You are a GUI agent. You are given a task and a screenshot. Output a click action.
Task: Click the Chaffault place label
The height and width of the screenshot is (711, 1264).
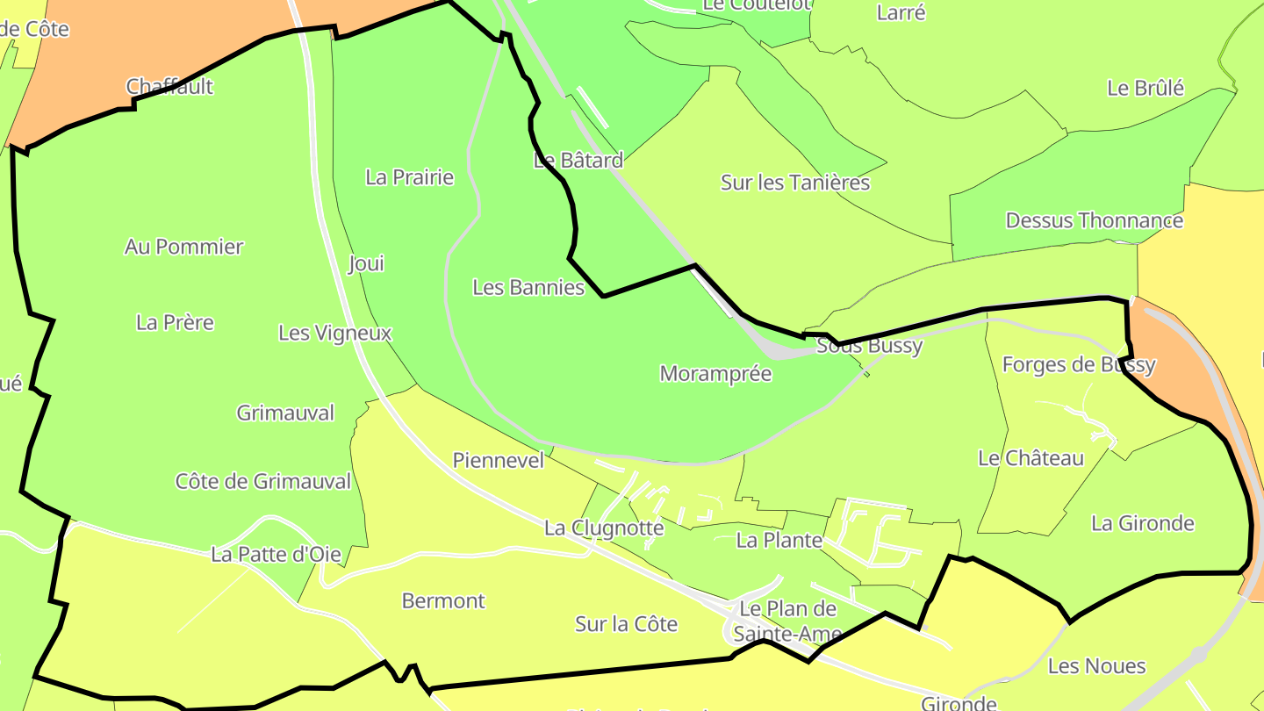pos(169,87)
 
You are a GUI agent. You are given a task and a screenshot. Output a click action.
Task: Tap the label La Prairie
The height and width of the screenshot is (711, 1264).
pos(409,177)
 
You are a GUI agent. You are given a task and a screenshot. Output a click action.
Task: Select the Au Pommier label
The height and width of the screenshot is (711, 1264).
pos(183,247)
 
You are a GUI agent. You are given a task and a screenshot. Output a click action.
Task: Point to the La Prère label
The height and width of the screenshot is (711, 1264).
pos(175,322)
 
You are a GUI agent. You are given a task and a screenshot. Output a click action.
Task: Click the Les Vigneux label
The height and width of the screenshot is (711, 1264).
pos(334,333)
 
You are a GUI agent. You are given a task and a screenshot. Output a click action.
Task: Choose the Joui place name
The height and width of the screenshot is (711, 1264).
pos(366,263)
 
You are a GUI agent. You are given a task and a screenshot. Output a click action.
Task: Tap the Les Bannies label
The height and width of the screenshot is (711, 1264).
pos(528,287)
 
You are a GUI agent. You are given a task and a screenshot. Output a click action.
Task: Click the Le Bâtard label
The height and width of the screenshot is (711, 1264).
pos(578,160)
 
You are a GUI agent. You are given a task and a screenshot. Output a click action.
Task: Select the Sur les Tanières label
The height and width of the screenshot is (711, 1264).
pos(794,183)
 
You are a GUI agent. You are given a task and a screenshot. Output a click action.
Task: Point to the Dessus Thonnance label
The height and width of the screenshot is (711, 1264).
pos(1094,220)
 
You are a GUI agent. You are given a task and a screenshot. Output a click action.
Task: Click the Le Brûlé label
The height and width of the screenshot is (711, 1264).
pos(1145,88)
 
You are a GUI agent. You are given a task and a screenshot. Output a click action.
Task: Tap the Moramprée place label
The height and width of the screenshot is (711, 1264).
pos(715,374)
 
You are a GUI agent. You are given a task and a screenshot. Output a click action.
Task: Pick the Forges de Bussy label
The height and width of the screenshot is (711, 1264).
pos(1078,364)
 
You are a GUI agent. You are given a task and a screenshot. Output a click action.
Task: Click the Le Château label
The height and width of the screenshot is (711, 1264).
pos(1031,458)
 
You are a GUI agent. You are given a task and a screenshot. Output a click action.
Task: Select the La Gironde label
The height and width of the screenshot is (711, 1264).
pos(1142,523)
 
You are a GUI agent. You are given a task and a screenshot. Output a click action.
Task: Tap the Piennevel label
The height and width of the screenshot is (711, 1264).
pos(498,460)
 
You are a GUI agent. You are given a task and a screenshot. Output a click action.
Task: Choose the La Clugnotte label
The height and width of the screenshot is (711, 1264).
pos(604,528)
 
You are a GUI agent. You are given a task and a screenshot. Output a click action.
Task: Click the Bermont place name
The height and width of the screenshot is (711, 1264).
pos(442,601)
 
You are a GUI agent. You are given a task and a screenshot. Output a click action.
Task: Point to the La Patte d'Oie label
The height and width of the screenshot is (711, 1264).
pos(276,554)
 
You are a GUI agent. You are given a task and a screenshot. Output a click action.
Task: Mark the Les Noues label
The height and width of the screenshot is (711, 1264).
pos(1096,666)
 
